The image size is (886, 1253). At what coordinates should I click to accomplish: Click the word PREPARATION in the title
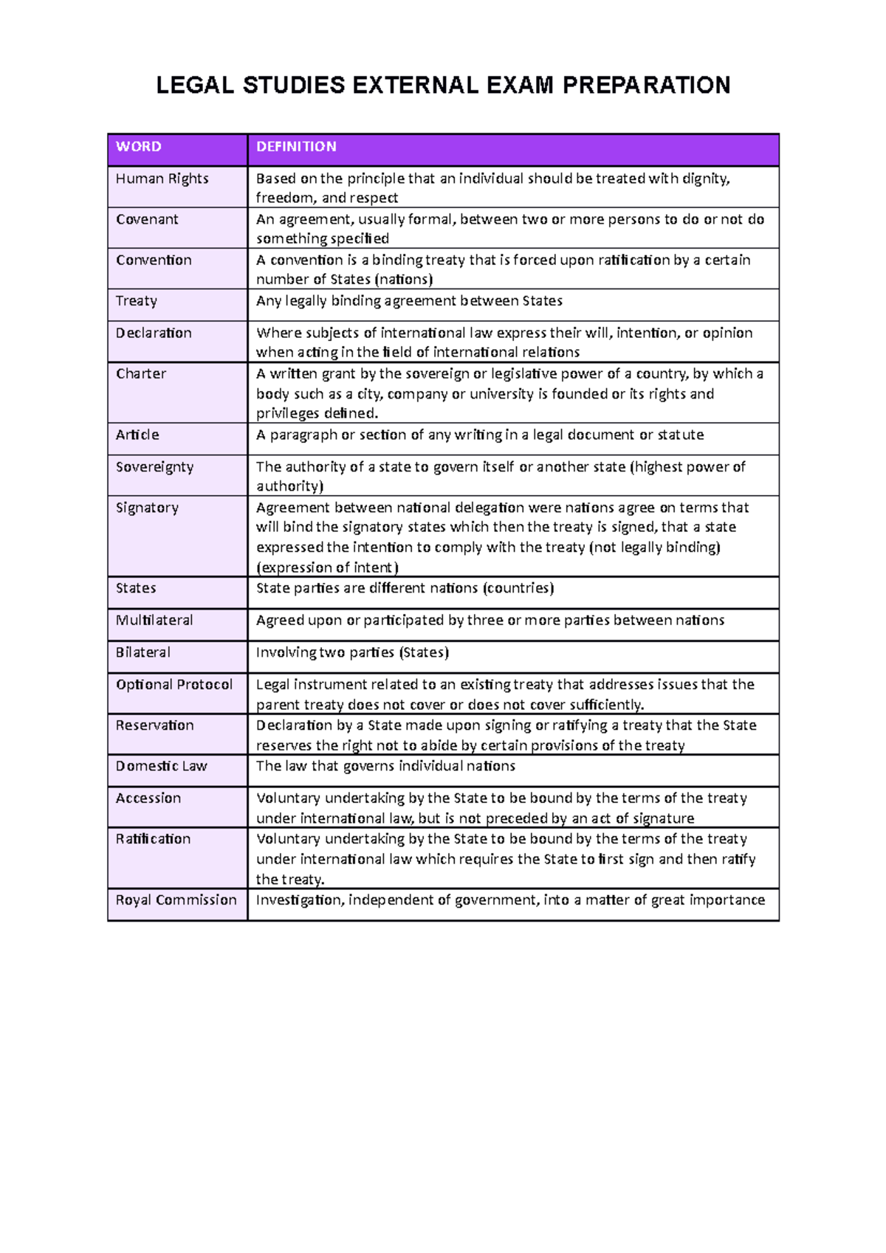[646, 86]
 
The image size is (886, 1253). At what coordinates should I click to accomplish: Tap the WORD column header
[139, 147]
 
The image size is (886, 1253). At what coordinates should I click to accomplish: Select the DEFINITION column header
[296, 147]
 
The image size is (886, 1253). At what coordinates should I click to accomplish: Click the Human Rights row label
[162, 179]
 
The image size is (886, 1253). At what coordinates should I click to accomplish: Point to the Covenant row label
[147, 219]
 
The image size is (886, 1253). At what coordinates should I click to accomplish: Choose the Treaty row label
[137, 301]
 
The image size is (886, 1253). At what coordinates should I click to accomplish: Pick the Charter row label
[141, 374]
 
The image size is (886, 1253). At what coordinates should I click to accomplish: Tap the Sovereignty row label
[154, 467]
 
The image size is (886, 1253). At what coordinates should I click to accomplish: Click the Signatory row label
[147, 508]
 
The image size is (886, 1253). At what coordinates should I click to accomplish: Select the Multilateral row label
[154, 621]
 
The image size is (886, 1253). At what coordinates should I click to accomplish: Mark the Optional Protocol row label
[174, 685]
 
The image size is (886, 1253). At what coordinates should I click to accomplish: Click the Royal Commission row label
[176, 900]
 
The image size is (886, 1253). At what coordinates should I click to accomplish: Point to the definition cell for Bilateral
[352, 653]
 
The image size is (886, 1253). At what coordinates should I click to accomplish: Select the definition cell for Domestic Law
[385, 767]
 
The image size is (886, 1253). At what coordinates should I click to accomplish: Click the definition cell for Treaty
[409, 301]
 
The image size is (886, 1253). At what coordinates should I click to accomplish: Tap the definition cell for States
[405, 589]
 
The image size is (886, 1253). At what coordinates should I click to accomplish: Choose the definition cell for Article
[480, 435]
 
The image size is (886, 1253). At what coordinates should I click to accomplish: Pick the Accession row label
[148, 798]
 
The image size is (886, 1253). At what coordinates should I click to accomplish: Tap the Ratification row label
[153, 839]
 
